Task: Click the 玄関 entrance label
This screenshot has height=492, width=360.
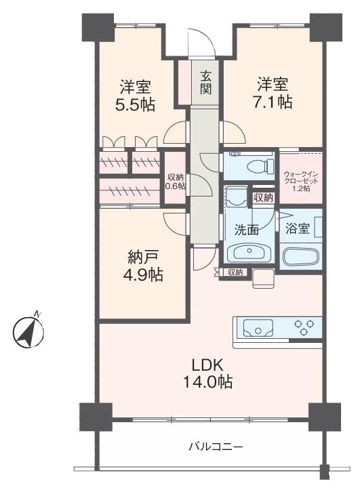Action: click(x=205, y=83)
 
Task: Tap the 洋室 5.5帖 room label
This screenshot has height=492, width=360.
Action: click(x=135, y=96)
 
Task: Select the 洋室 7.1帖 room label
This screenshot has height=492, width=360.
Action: click(x=273, y=93)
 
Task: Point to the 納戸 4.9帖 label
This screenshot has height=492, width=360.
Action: click(x=143, y=266)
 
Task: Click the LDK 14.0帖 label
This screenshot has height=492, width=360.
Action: click(x=207, y=373)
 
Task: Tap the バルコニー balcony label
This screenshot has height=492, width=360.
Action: click(x=216, y=446)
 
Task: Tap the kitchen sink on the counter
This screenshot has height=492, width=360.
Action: click(x=258, y=328)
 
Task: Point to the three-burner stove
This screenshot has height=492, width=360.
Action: click(x=303, y=327)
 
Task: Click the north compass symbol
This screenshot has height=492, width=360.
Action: click(x=29, y=331)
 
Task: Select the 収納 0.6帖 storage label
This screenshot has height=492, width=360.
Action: click(x=176, y=182)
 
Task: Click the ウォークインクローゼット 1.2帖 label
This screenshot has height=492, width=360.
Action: click(x=301, y=181)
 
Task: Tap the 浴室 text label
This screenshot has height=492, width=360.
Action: click(x=298, y=229)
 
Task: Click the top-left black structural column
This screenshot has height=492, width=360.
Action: click(x=98, y=28)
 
